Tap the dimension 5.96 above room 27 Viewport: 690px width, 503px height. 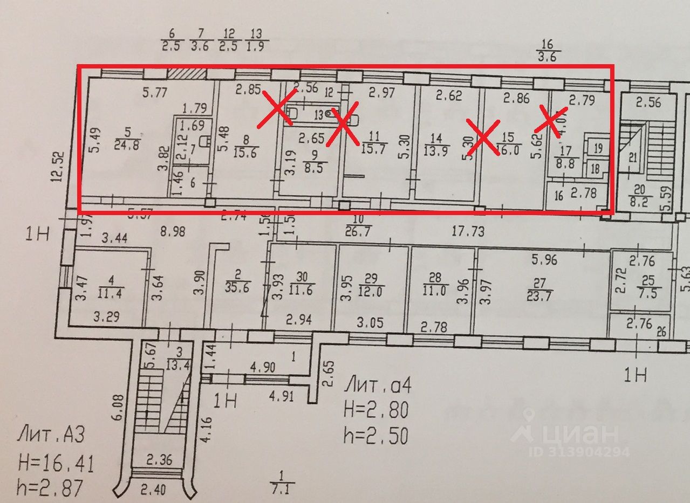click(545, 260)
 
